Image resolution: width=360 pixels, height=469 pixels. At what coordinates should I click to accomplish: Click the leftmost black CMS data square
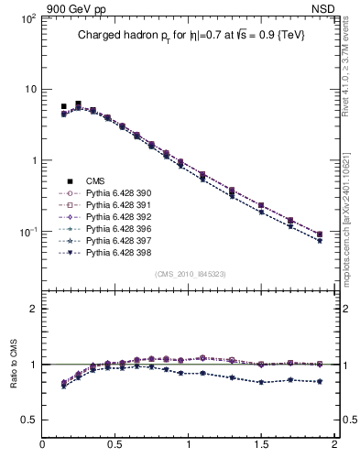(63, 106)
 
